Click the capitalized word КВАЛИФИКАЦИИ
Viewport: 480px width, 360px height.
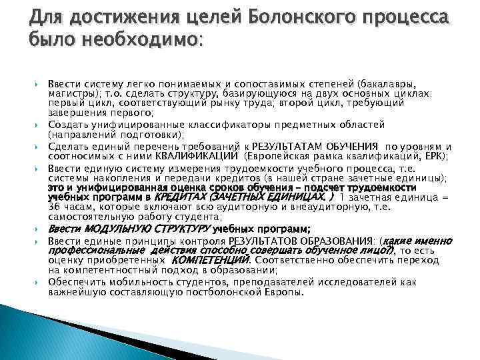pyautogui.click(x=189, y=156)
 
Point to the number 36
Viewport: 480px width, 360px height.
pyautogui.click(x=54, y=208)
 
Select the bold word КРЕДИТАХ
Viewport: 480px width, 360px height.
pyautogui.click(x=179, y=198)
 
